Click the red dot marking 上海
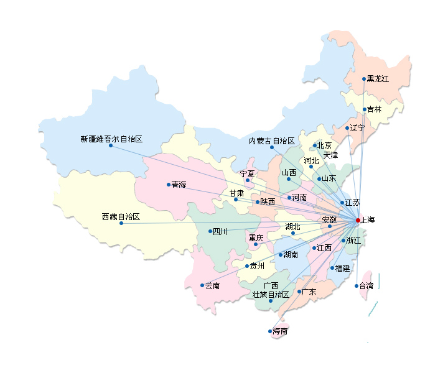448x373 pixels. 358,220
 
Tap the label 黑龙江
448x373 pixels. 378,79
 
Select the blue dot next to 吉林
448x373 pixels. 365,109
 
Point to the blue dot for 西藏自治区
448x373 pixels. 121,223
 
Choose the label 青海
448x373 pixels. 179,185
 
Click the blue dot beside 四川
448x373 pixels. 210,231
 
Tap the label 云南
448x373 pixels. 213,286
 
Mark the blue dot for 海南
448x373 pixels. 270,331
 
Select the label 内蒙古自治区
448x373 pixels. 271,141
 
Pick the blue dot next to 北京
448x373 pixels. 315,146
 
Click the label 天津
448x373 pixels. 330,155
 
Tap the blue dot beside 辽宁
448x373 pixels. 347,128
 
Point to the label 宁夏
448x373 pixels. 247,173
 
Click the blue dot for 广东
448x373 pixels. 299,292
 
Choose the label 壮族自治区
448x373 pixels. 271,294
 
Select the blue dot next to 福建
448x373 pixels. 332,269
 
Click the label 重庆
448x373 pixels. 256,237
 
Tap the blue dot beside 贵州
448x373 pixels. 247,266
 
